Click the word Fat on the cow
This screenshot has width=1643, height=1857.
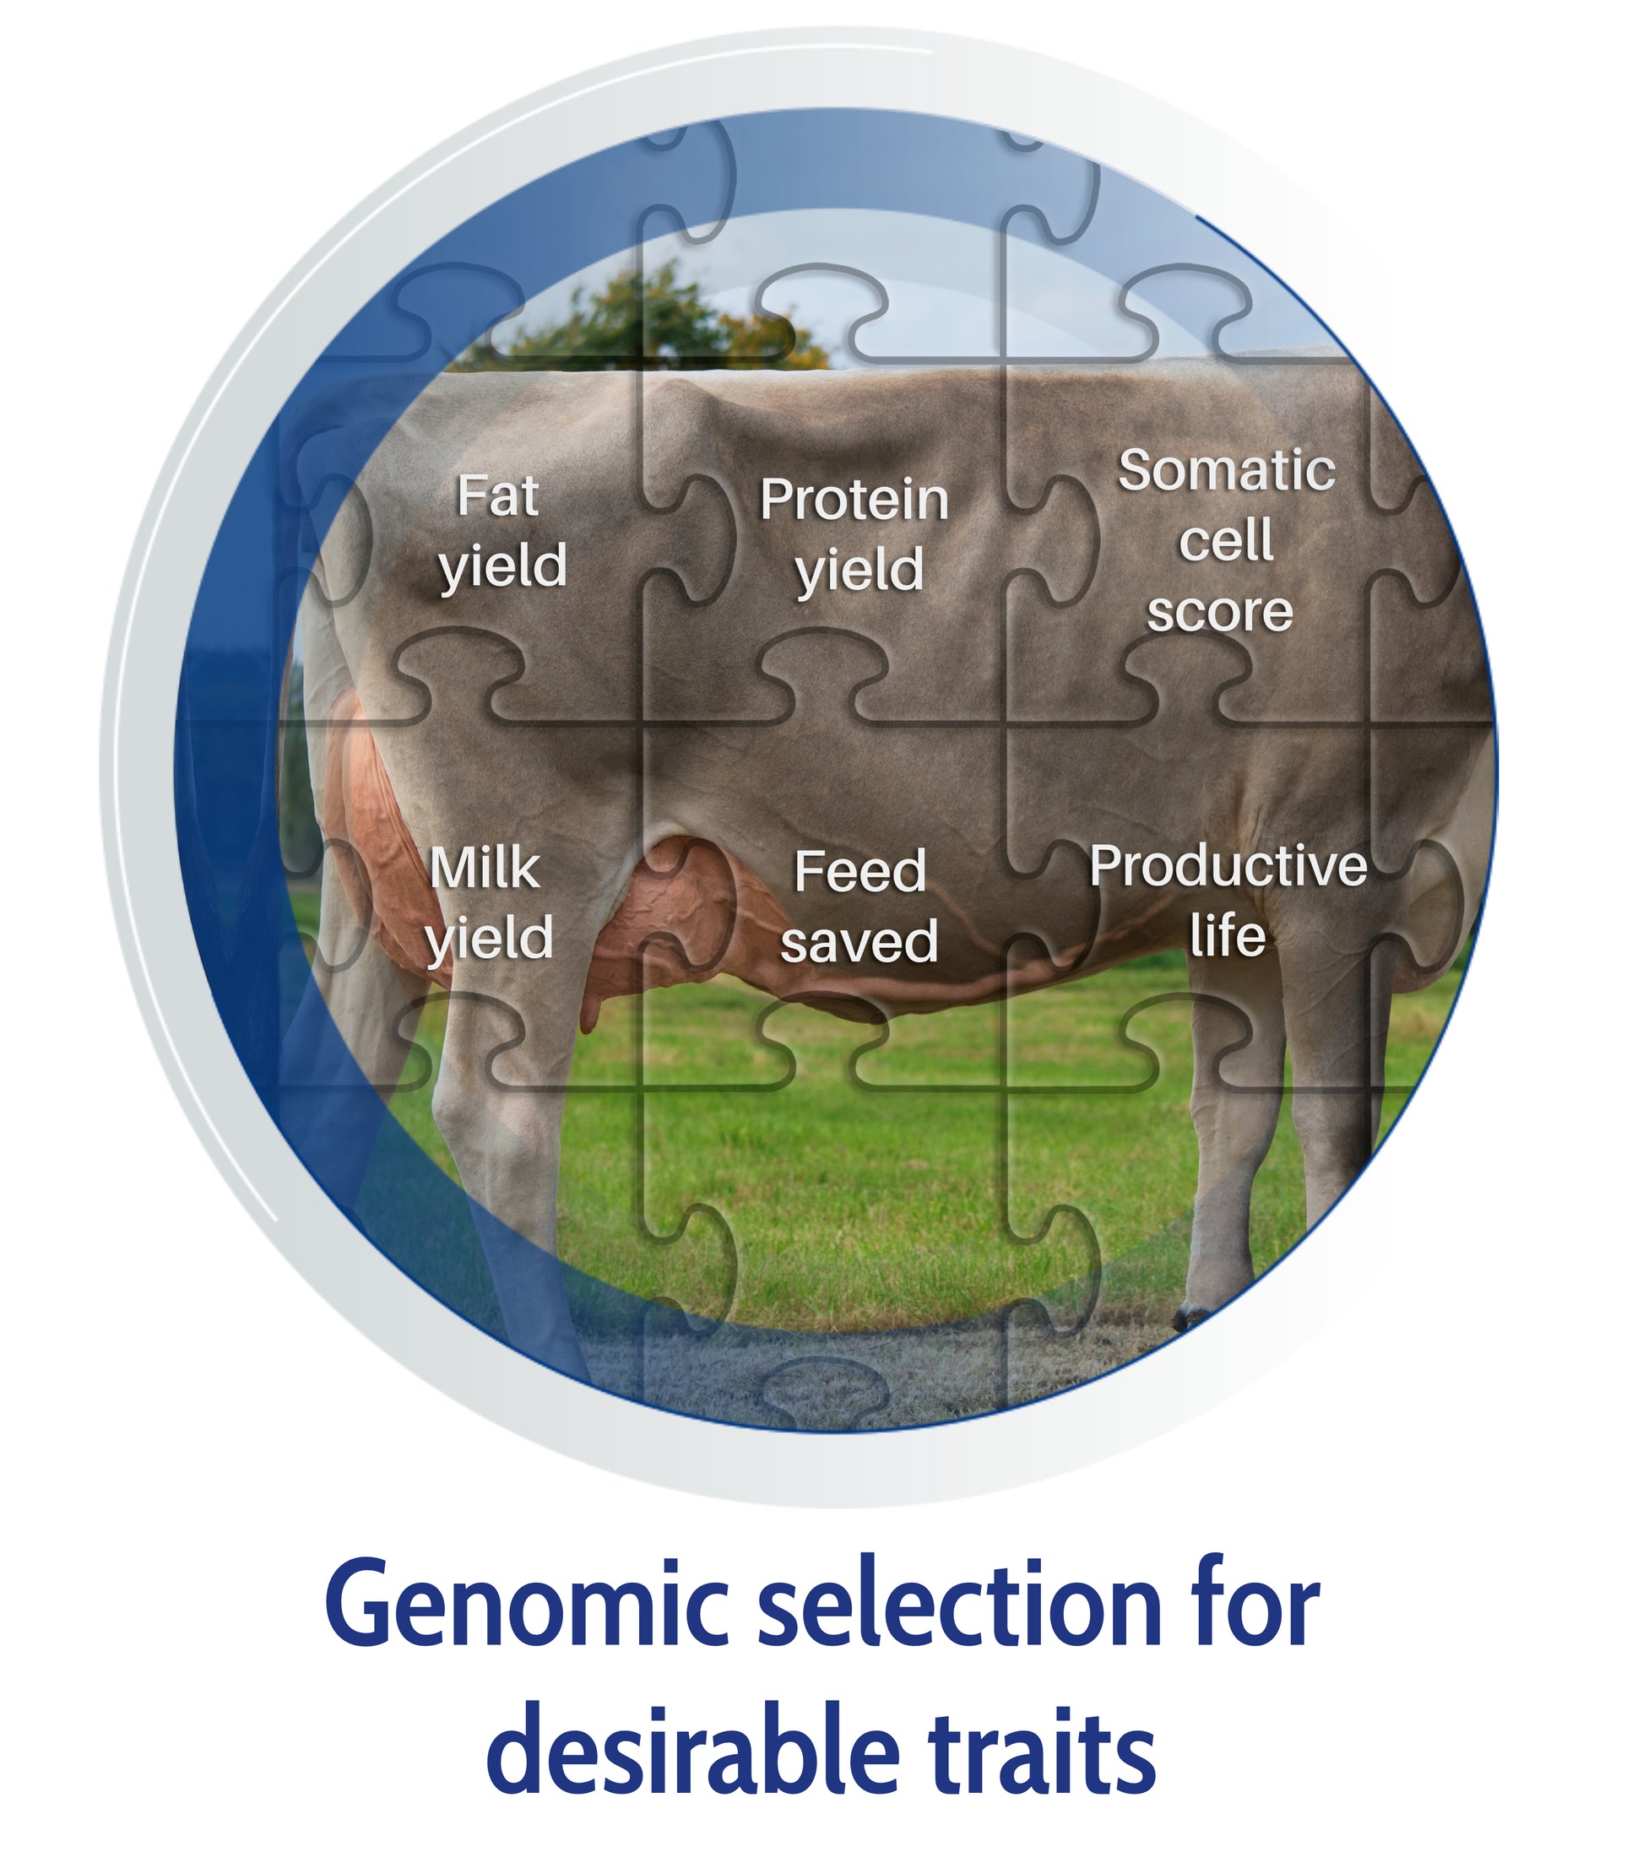point(497,496)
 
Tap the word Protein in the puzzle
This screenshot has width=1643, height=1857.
point(854,500)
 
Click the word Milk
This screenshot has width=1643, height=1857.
point(485,868)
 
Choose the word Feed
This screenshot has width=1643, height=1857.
point(859,871)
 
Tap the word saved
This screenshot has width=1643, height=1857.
point(859,941)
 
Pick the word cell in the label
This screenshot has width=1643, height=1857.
point(1226,540)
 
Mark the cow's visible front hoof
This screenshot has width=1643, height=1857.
point(1192,1316)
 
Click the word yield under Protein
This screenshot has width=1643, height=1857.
point(859,570)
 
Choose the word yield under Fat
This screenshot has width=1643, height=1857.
point(503,566)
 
